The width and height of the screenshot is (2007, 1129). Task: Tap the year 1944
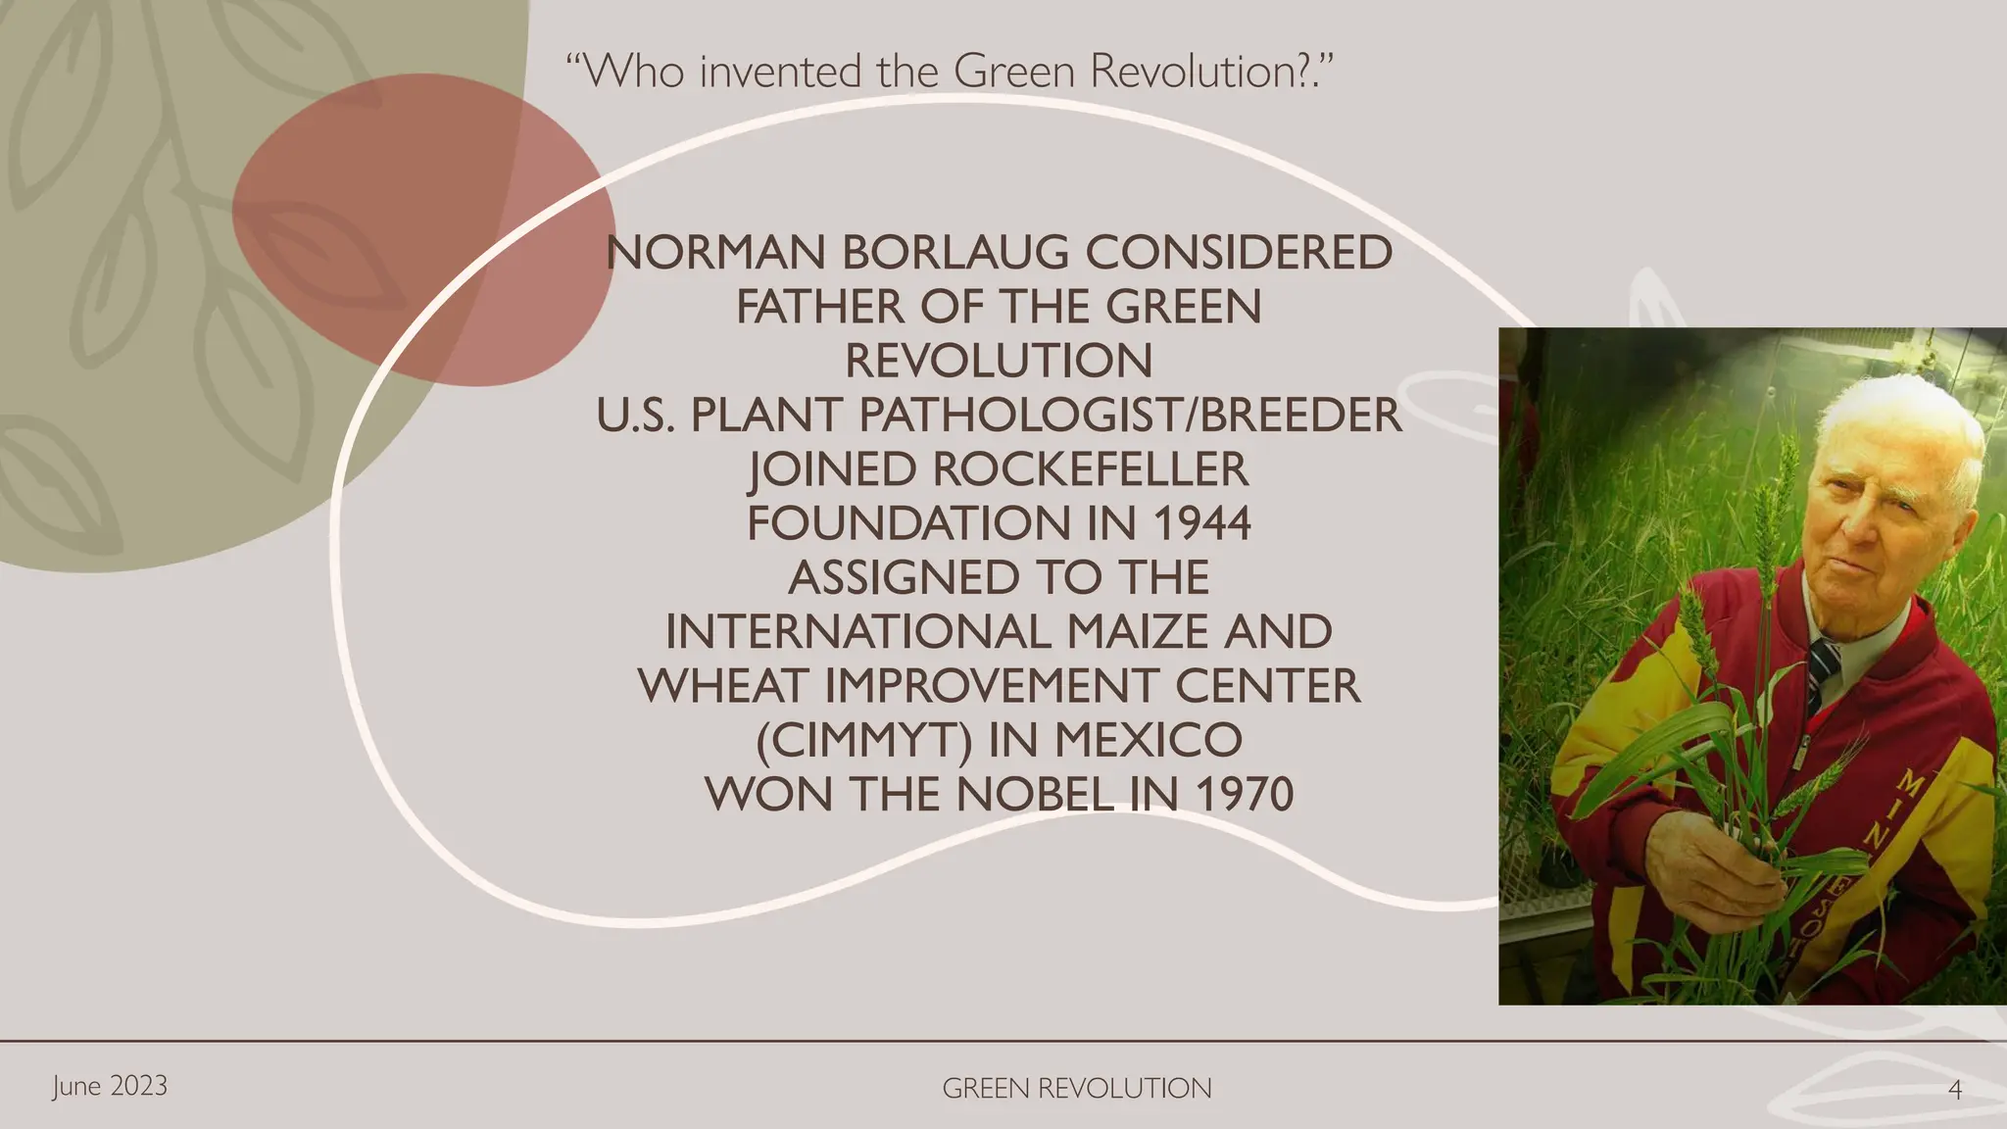point(1201,523)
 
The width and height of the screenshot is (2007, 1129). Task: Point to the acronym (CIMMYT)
point(862,740)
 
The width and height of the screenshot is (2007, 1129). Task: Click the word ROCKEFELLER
point(1090,469)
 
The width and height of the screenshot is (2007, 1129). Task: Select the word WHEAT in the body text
point(725,686)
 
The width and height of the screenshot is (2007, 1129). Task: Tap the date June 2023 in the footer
point(110,1086)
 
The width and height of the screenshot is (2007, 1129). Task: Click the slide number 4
point(1955,1090)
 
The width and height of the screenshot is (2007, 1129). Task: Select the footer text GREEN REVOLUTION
point(1076,1089)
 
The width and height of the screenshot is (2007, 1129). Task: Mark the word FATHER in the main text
point(819,308)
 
